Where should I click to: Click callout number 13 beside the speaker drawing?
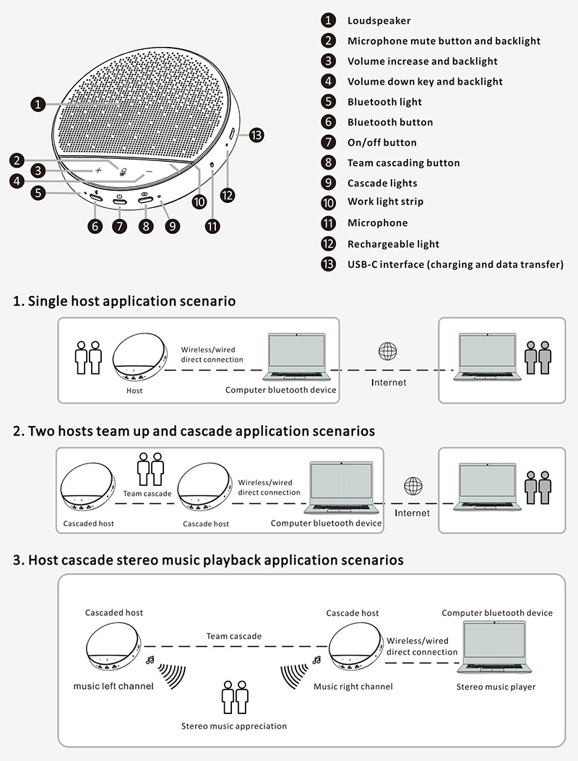[256, 134]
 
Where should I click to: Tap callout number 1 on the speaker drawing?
[38, 105]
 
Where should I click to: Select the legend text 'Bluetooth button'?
[390, 122]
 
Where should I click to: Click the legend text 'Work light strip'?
[385, 201]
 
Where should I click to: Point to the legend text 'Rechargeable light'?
[393, 244]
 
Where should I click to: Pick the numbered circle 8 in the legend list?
[329, 163]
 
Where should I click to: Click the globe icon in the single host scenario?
[388, 352]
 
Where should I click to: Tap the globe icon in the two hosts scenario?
[413, 485]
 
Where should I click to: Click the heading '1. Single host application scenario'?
[124, 301]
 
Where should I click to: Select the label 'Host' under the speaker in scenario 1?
[134, 391]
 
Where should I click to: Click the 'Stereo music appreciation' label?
[233, 726]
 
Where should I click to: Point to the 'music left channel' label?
[113, 686]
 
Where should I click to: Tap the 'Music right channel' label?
[353, 686]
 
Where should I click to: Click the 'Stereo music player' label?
[496, 686]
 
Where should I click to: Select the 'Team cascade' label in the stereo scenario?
[234, 636]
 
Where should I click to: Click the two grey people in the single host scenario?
[538, 357]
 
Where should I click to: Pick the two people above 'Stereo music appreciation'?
[234, 697]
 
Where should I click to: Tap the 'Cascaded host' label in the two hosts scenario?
[88, 523]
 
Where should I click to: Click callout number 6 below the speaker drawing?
[95, 226]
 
